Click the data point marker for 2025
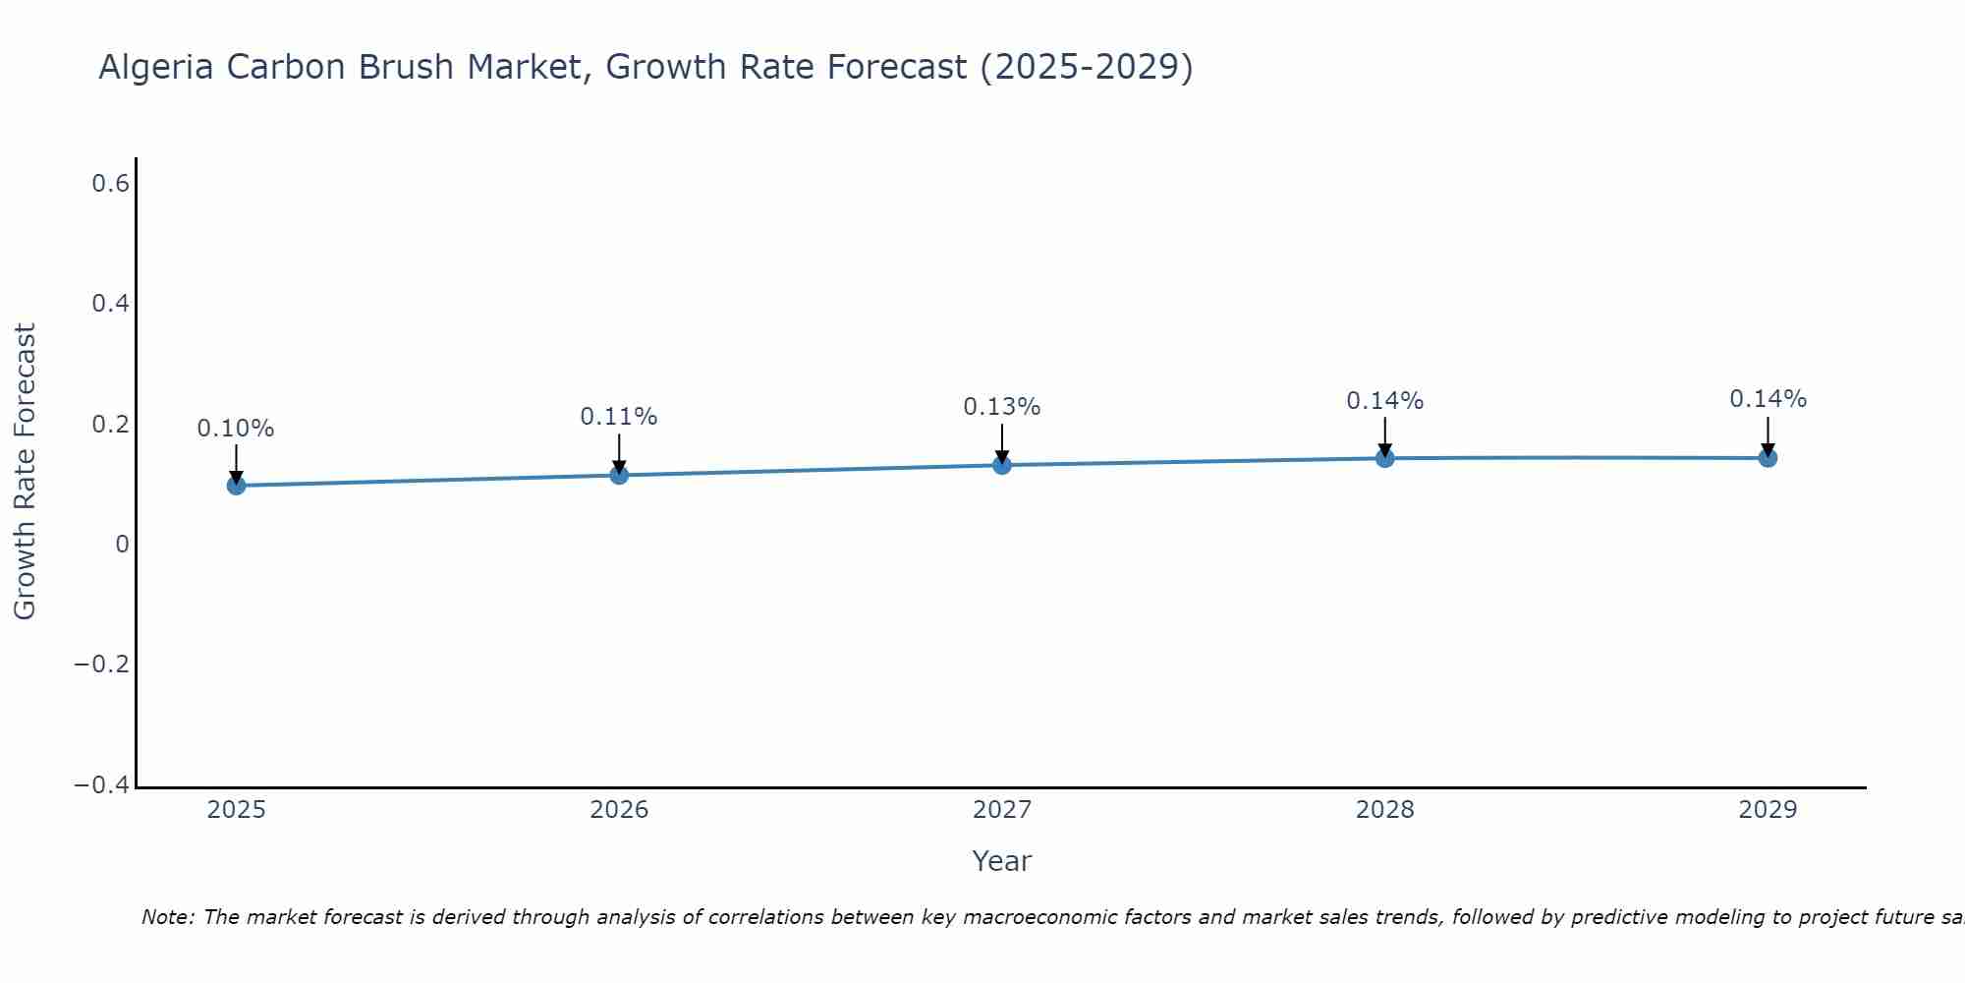(236, 485)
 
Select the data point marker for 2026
(619, 475)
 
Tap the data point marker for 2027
(1002, 464)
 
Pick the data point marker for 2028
(1385, 457)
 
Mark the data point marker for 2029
(1768, 457)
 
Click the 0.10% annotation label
(236, 429)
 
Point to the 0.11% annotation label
(619, 417)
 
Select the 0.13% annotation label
(1002, 407)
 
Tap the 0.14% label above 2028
(1385, 401)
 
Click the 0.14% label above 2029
(1768, 399)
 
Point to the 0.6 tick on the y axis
(111, 183)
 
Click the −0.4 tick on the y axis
(102, 785)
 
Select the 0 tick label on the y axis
(122, 545)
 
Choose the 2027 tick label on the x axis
(1002, 810)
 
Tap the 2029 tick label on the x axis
(1768, 810)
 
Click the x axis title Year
(1002, 861)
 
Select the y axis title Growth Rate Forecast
(25, 472)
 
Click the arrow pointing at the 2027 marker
(1002, 442)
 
